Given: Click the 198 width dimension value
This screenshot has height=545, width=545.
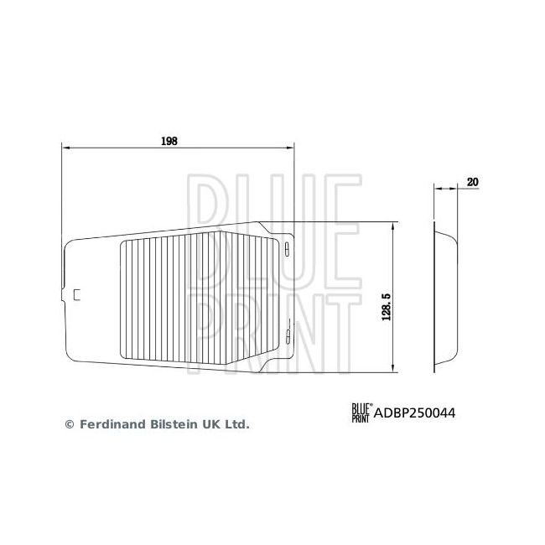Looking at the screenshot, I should (169, 142).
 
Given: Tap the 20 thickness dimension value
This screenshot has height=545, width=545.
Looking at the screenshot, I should (472, 181).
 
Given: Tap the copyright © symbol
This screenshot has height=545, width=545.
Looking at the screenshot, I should (70, 424).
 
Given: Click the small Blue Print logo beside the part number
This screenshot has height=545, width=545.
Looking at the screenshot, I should (361, 412).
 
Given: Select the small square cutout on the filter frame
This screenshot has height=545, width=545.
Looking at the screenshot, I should (77, 293).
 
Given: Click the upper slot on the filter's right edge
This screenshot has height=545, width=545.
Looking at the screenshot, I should (286, 248).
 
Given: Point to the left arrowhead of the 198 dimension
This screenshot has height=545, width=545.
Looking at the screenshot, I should (66, 148).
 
